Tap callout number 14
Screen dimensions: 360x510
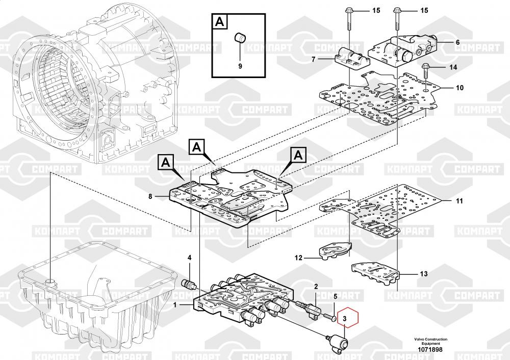pos(453,67)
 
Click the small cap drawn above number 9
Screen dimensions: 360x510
pos(240,38)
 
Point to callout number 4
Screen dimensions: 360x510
pos(189,258)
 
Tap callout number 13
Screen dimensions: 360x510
pos(423,274)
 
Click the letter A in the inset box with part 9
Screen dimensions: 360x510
pos(219,22)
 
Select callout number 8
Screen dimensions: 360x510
pos(150,196)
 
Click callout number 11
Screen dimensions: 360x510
pos(459,201)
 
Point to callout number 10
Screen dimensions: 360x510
pos(460,88)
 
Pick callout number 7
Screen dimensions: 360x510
pos(314,59)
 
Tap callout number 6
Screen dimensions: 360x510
pos(457,42)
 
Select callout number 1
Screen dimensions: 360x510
pos(175,305)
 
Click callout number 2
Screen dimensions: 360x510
pos(316,287)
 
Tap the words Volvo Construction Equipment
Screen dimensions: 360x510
pos(430,341)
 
